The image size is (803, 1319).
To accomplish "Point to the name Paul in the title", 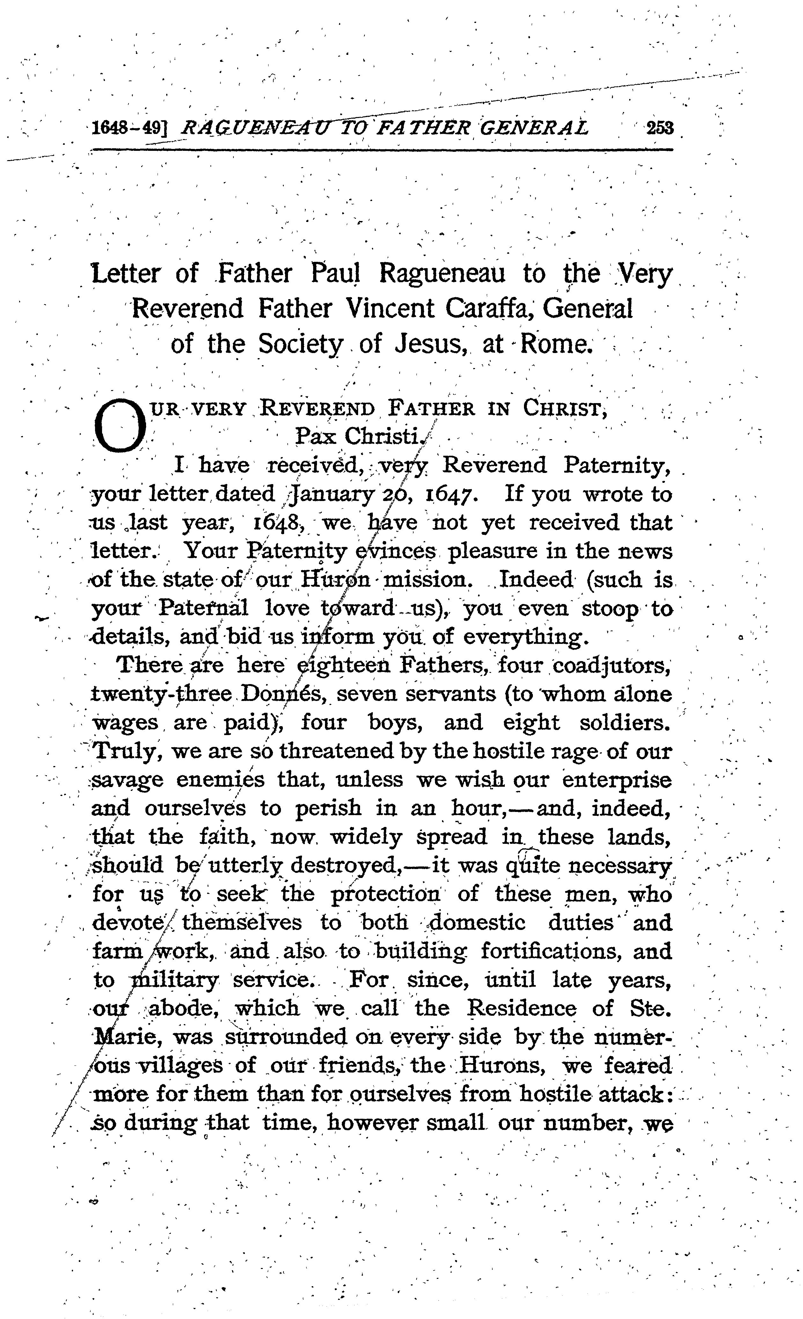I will (x=336, y=274).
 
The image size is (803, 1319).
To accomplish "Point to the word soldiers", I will (x=625, y=723).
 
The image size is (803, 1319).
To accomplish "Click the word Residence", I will (x=521, y=1008).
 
